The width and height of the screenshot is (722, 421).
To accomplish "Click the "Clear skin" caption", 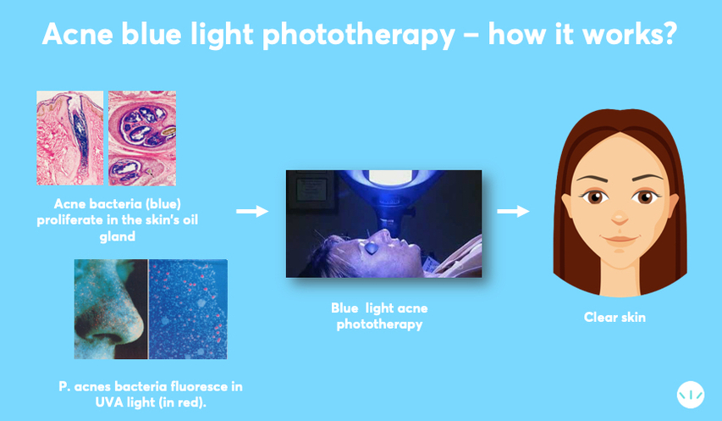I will point(614,318).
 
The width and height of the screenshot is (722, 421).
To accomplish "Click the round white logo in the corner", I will point(690,396).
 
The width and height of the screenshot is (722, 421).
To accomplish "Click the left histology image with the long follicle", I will point(69,138).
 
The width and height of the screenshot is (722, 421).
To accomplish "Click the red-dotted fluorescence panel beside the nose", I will point(188,309).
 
